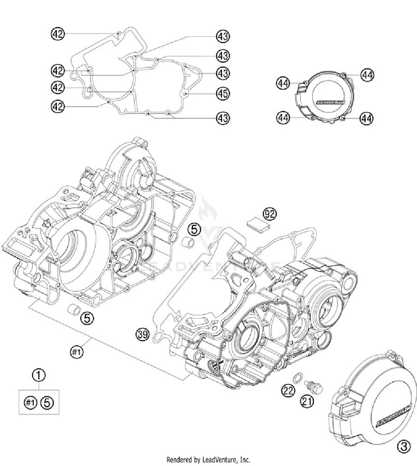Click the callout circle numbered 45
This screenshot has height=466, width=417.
pyautogui.click(x=223, y=94)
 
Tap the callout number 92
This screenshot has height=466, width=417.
pyautogui.click(x=270, y=214)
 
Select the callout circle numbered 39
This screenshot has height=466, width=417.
pyautogui.click(x=143, y=334)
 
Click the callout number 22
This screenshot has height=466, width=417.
pyautogui.click(x=288, y=391)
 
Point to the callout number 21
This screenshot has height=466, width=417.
pyautogui.click(x=307, y=401)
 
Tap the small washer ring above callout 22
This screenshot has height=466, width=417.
pyautogui.click(x=297, y=378)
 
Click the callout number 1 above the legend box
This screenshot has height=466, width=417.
pyautogui.click(x=39, y=375)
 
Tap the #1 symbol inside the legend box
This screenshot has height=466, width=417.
pyautogui.click(x=30, y=402)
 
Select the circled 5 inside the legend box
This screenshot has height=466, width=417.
pyautogui.click(x=47, y=402)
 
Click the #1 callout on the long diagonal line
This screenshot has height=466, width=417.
pyautogui.click(x=76, y=352)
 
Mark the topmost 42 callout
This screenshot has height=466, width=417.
pyautogui.click(x=58, y=34)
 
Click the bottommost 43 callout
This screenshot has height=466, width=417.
pyautogui.click(x=223, y=118)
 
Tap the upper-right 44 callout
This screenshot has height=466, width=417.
pyautogui.click(x=367, y=75)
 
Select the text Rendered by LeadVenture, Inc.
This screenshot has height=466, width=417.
pyautogui.click(x=208, y=459)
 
